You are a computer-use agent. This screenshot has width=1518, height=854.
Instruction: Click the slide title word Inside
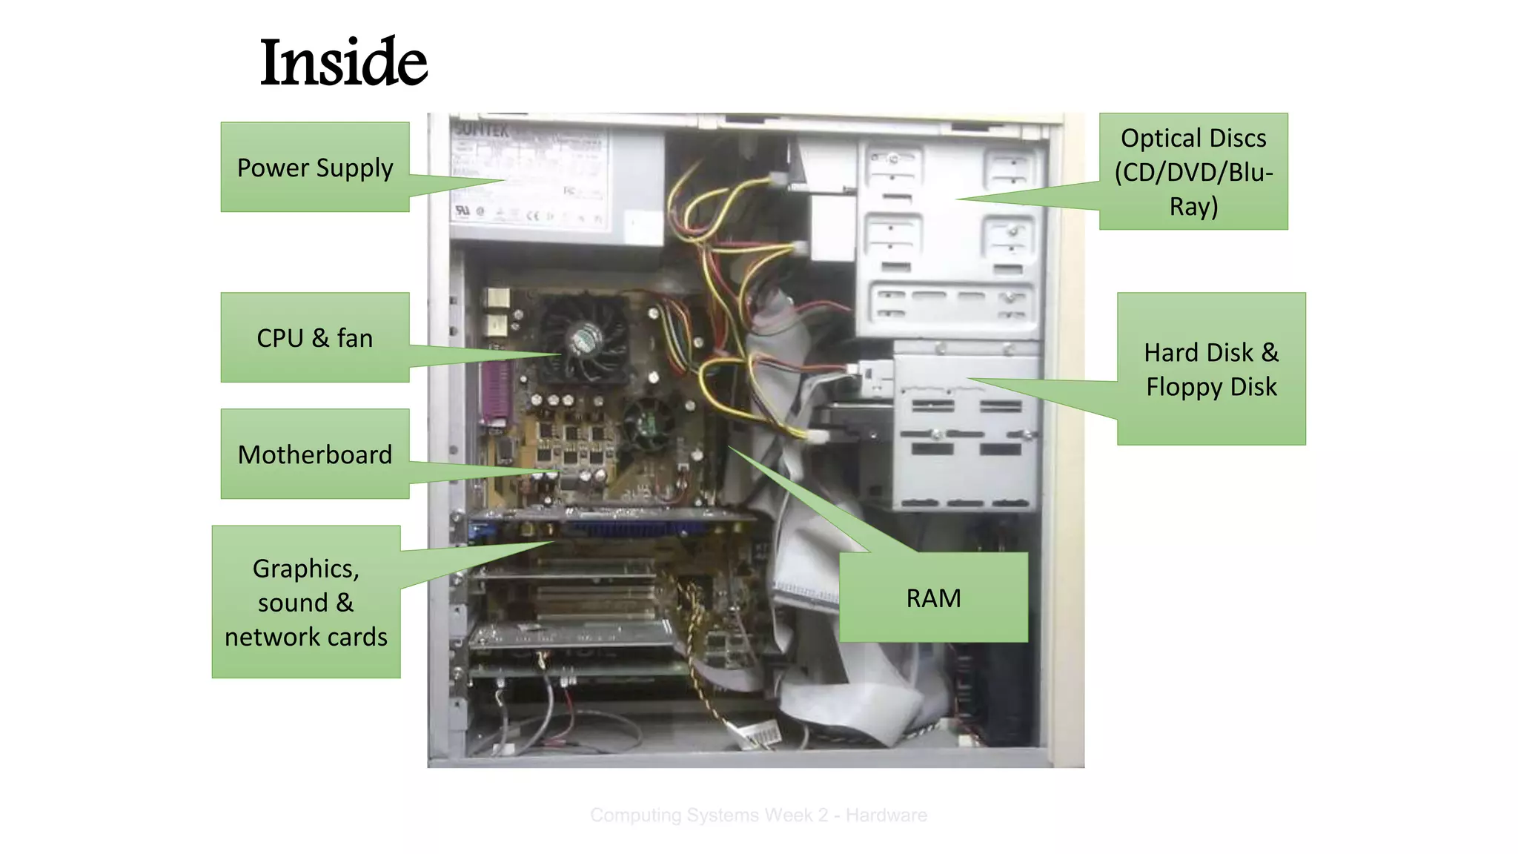343,62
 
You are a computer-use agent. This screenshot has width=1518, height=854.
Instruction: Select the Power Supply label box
315,168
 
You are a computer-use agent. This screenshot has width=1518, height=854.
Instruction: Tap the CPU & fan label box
315,338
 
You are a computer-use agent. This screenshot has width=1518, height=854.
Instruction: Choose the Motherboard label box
315,454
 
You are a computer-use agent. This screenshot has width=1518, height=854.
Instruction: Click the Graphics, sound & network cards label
306,602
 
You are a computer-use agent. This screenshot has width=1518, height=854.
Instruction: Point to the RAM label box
933,598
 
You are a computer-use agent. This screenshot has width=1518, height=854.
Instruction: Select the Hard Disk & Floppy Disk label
1211,369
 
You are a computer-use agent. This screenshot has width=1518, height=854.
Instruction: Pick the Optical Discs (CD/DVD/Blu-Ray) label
1193,172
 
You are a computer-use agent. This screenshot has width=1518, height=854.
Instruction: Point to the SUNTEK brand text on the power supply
482,130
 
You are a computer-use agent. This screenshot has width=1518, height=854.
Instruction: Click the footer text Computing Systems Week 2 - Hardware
758,815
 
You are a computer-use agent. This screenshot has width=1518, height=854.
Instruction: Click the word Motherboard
315,454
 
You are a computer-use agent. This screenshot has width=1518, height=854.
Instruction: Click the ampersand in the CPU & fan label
320,338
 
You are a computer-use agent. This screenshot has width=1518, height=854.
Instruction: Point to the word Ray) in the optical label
1193,206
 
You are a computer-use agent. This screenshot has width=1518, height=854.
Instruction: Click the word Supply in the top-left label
354,168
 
